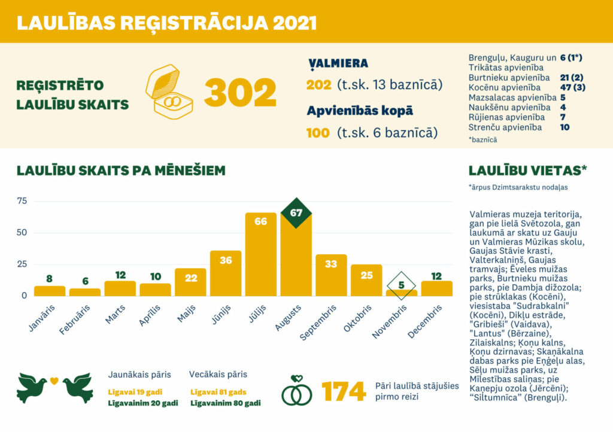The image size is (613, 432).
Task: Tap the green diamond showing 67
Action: (296, 213)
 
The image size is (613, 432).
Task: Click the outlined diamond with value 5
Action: (402, 285)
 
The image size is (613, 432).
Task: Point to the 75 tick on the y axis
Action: (22, 201)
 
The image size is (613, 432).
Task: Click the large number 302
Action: (240, 93)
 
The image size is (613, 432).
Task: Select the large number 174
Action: (344, 392)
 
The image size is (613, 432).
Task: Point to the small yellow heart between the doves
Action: (54, 380)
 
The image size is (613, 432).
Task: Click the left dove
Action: (32, 388)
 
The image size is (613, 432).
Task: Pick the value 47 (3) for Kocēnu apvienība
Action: (573, 87)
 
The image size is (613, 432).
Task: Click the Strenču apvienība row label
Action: (505, 127)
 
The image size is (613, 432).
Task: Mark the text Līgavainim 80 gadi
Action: (225, 403)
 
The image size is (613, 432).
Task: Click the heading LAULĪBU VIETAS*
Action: (527, 170)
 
